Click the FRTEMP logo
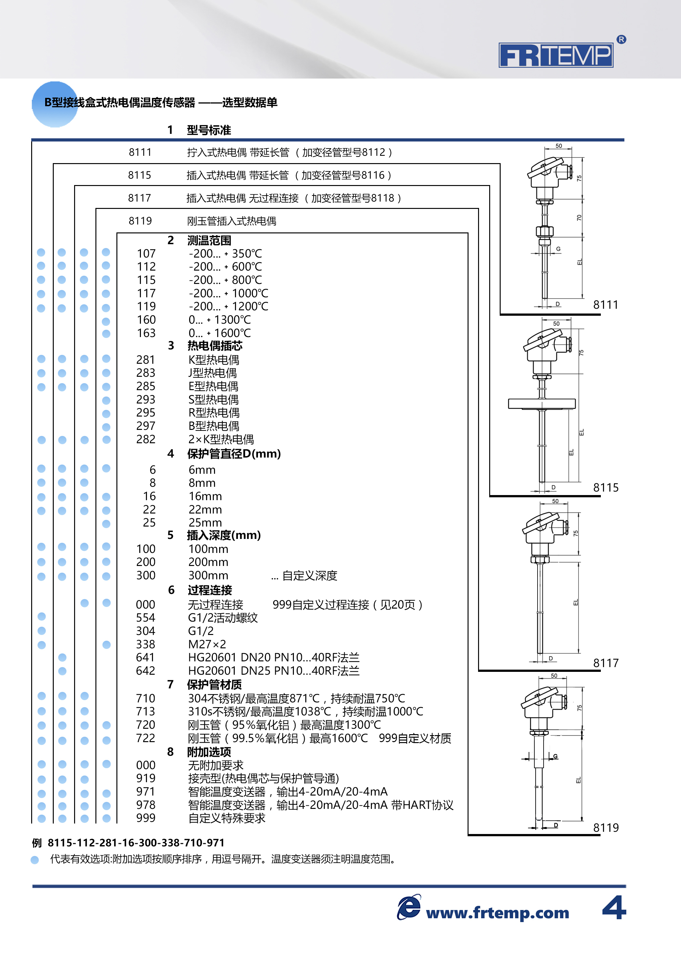556,55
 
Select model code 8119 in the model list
140,221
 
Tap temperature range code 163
146,333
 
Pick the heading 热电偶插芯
215,346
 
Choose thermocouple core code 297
146,426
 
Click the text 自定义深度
309,576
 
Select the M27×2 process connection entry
207,644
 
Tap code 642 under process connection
145,671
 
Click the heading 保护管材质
214,685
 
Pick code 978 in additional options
146,805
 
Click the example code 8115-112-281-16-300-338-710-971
136,843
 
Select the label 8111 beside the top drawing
606,305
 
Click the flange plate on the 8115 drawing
542,403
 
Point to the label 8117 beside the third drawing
606,663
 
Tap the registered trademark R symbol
621,39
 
